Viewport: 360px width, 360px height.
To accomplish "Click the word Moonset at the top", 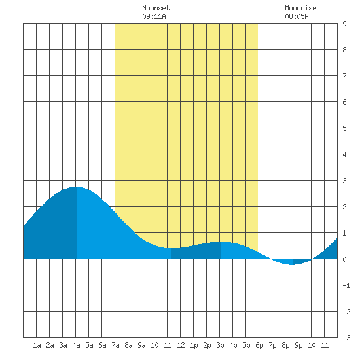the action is [x=156, y=8].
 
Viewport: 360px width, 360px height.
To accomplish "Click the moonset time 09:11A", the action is [x=154, y=16].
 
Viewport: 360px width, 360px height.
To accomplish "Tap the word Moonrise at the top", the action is [x=300, y=8].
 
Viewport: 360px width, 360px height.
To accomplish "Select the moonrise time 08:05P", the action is [x=297, y=16].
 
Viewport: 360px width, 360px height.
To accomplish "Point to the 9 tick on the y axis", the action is [x=344, y=24].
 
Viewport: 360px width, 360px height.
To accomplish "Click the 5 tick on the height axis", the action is [x=344, y=128].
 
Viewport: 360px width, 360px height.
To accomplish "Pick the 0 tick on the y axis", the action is [x=344, y=259].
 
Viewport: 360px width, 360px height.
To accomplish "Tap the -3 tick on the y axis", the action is [x=346, y=338].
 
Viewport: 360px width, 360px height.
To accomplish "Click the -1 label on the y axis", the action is [x=346, y=285].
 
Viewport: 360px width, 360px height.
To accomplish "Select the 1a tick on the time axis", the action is [x=37, y=345].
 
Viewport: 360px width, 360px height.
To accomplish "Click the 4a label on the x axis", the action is [x=76, y=345].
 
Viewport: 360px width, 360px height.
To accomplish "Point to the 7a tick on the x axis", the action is [x=115, y=345].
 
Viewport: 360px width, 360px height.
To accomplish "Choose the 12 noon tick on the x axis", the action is [x=181, y=345].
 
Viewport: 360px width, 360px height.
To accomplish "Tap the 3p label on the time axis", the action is [x=220, y=345].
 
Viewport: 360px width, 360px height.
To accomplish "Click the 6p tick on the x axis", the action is [x=259, y=345].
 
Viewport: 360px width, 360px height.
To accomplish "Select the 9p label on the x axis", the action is [x=298, y=345].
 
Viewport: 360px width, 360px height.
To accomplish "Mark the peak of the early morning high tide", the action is [x=77, y=187].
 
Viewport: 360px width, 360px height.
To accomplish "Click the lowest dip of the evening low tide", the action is [x=293, y=264].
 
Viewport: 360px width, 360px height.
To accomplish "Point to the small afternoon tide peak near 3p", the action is [x=221, y=242].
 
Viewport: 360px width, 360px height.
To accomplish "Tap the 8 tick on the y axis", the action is [x=344, y=50].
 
